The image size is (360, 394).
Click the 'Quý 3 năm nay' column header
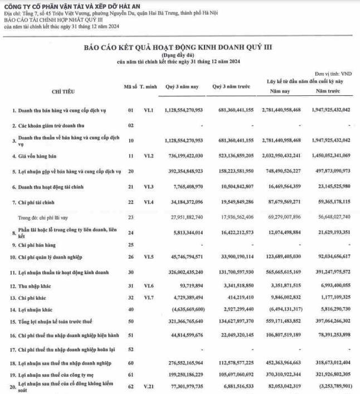point(181,87)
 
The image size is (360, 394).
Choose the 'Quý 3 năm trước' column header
point(231,87)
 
